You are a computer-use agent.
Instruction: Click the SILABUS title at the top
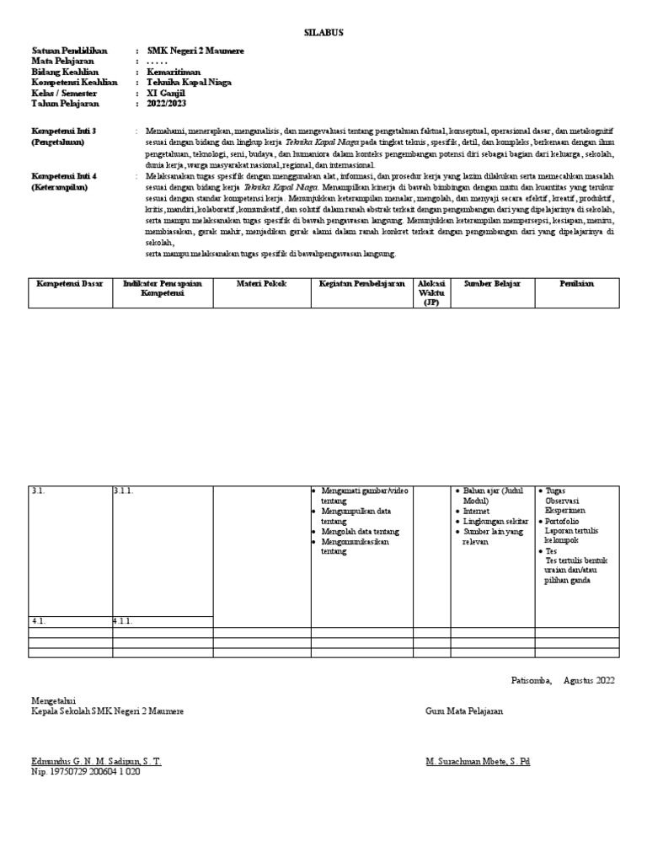(323, 32)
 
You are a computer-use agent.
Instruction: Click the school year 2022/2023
(167, 104)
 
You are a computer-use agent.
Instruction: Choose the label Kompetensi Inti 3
(64, 132)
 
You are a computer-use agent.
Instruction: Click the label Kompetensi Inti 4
(64, 176)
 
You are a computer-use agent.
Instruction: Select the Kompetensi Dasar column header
(69, 284)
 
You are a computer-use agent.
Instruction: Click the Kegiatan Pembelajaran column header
(361, 284)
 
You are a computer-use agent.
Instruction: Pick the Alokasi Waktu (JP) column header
(431, 292)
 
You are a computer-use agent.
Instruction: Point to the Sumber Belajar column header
(492, 284)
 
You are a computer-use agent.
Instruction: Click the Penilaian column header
(577, 284)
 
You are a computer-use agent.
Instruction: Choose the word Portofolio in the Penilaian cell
(565, 522)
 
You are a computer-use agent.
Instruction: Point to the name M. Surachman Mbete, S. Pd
(479, 761)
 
